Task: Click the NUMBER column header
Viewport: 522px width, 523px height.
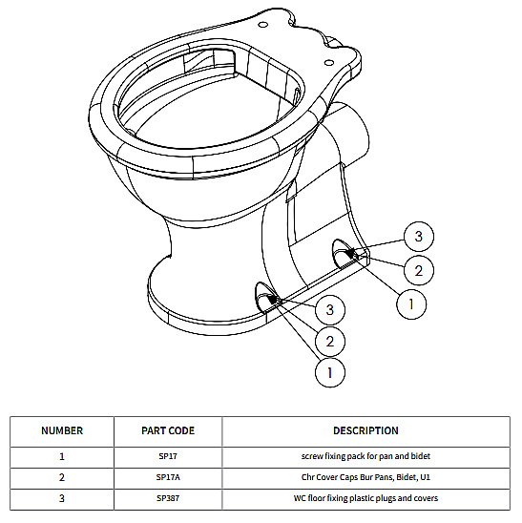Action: [62, 430]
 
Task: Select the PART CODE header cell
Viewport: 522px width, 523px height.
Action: [168, 430]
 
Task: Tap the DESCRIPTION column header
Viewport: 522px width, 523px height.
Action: [365, 430]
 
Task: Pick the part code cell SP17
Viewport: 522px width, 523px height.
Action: [168, 456]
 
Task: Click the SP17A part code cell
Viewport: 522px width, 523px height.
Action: [168, 477]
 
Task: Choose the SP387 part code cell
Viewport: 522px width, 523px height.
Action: [168, 498]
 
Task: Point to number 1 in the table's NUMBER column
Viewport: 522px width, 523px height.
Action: [62, 456]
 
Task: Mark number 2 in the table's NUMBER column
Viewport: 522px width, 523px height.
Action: [62, 477]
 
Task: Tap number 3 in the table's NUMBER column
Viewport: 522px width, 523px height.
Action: [62, 498]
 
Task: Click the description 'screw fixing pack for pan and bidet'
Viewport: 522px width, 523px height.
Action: [365, 456]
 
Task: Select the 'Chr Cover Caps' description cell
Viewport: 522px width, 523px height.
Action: [365, 477]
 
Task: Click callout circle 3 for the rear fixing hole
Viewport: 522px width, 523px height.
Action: [419, 237]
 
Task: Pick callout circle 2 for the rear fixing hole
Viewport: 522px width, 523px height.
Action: [419, 270]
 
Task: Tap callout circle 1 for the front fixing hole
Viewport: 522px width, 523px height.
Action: [330, 372]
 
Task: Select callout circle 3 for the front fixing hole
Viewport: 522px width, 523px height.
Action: [330, 309]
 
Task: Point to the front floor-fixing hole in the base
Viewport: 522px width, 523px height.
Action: [266, 298]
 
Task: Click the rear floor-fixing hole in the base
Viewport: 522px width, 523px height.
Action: [344, 254]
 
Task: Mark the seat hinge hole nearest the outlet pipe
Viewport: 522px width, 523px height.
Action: [329, 62]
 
